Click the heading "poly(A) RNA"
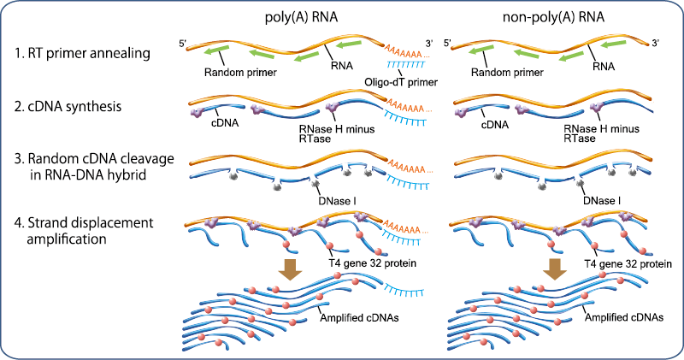[301, 17]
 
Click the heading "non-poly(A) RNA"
[553, 17]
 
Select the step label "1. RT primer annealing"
[82, 53]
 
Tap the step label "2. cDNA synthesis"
[68, 107]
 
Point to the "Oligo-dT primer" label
[401, 82]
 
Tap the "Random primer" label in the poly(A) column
[240, 72]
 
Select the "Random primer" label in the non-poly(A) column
[507, 72]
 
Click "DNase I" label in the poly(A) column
[337, 201]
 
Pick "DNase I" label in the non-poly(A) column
[602, 201]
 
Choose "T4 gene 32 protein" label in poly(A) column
[372, 263]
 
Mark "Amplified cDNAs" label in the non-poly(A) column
[624, 317]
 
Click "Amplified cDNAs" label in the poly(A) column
[359, 317]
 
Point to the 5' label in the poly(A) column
[183, 44]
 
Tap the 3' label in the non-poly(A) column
[655, 43]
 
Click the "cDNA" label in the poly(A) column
[225, 123]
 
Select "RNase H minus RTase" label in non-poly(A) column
[602, 133]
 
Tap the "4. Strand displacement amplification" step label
[84, 230]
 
